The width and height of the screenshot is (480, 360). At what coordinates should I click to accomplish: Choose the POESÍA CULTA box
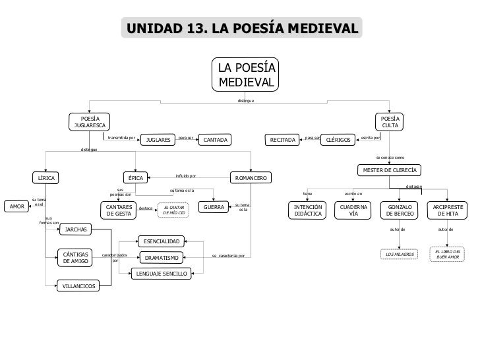[x=390, y=121]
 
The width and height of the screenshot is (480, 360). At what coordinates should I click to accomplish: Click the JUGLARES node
[x=158, y=140]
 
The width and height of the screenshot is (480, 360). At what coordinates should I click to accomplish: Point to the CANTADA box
[x=216, y=140]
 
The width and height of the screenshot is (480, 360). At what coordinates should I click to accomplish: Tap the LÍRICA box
[x=47, y=178]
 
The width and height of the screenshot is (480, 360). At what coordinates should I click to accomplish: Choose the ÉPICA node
[x=136, y=178]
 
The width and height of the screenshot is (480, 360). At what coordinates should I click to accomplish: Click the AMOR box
[x=15, y=206]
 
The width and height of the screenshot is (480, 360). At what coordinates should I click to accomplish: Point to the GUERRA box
[x=214, y=207]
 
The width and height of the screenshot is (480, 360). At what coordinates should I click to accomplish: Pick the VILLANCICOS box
[x=78, y=285]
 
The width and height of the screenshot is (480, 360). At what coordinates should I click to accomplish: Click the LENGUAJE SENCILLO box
[x=162, y=273]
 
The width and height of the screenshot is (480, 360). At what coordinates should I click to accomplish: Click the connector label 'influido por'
[x=186, y=176]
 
